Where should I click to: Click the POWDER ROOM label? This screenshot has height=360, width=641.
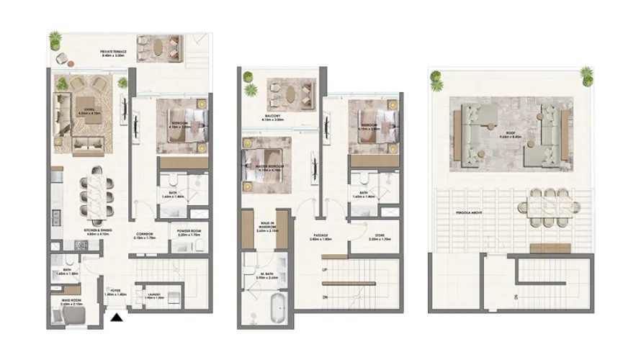[x=189, y=233]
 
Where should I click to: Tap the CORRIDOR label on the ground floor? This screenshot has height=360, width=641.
[x=145, y=235]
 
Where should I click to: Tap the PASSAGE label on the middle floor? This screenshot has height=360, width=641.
[x=319, y=235]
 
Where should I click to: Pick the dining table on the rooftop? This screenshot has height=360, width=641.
[x=552, y=207]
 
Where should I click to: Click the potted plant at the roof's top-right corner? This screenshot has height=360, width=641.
[x=586, y=74]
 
